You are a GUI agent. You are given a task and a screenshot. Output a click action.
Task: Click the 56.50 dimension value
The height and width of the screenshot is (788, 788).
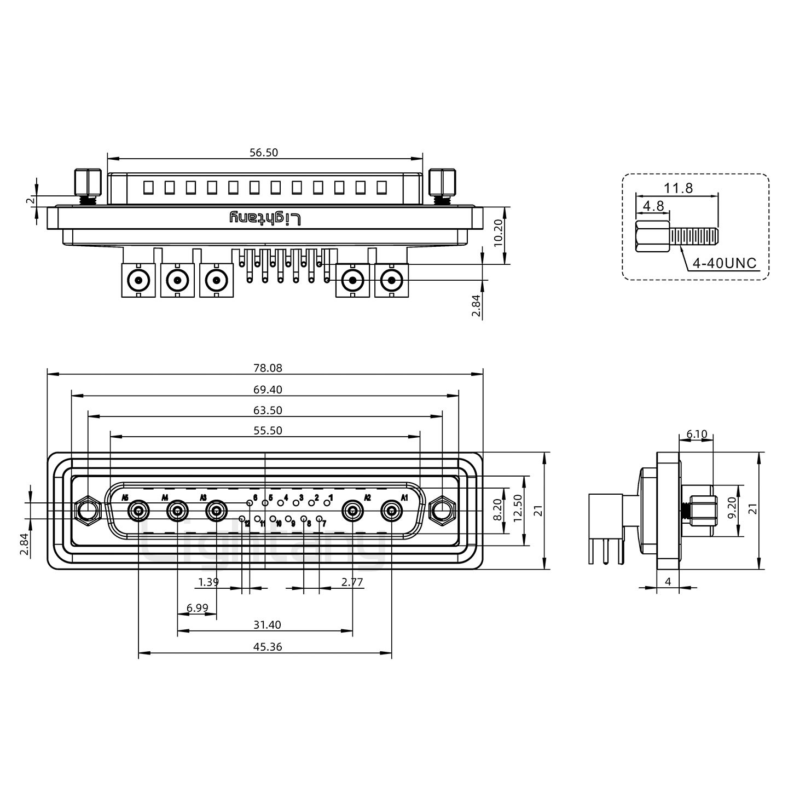point(264,153)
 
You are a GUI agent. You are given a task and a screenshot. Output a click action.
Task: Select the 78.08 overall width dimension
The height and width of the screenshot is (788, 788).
point(268,368)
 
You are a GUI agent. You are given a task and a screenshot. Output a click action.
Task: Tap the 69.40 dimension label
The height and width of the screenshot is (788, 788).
point(268,390)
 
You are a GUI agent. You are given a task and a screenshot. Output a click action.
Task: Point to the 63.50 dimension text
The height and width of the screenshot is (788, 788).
point(268,410)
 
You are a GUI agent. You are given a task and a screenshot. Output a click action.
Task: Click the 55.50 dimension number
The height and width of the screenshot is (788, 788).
point(268,431)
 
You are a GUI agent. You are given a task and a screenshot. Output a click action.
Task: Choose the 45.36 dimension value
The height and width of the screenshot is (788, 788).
point(268,647)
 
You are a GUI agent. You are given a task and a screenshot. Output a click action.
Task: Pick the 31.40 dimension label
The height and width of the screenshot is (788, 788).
point(268,625)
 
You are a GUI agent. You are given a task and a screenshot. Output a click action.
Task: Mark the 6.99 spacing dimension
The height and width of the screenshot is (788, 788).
point(197,609)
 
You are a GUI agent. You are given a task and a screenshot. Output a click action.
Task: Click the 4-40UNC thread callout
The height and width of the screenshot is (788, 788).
point(724,263)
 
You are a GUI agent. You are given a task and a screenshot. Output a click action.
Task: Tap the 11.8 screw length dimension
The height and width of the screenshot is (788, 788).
point(678,188)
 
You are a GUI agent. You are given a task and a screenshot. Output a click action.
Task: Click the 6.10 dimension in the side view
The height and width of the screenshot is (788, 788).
point(696,434)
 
